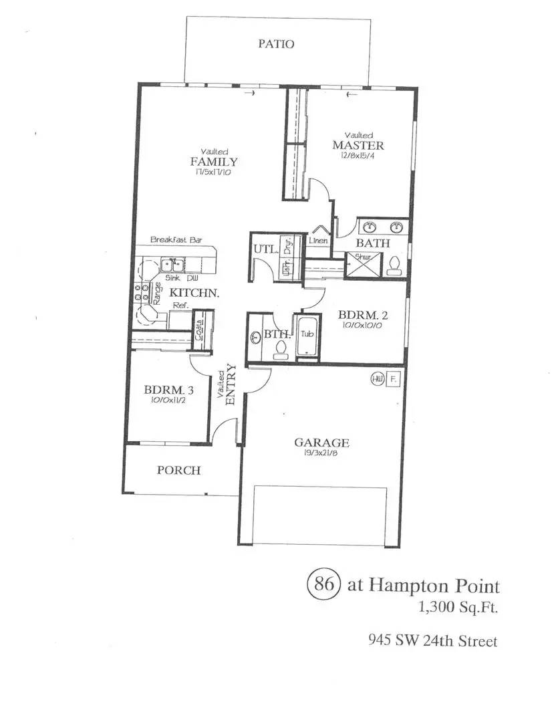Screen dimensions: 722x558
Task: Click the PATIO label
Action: tap(276, 44)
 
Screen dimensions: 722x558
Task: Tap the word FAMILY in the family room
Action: tap(214, 162)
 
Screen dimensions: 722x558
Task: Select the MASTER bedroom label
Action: tap(359, 146)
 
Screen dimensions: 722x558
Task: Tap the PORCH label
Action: tap(178, 470)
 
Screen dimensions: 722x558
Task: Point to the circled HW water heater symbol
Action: tap(377, 378)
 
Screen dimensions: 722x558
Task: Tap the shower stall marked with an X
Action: tap(359, 265)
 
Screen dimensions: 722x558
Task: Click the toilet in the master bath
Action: tap(395, 265)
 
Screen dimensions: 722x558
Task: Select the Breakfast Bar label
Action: tap(176, 239)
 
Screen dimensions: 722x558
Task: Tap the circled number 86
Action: tap(324, 584)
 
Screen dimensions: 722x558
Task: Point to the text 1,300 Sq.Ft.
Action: tap(458, 608)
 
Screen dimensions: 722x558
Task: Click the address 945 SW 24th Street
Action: tap(433, 640)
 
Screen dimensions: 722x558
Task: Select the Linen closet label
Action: tap(317, 241)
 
